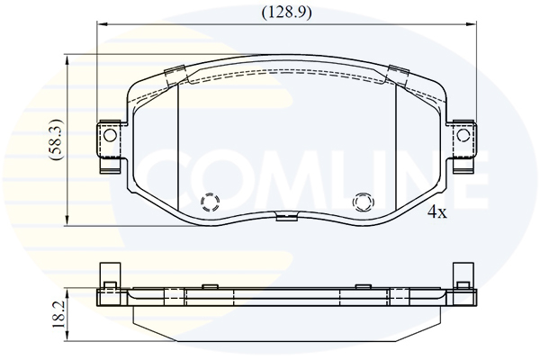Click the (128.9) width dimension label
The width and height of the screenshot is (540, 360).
(x=286, y=13)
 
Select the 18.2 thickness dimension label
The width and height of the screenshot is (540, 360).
(x=58, y=316)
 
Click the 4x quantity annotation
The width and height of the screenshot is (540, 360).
(x=437, y=212)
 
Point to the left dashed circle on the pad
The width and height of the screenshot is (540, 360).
(x=210, y=202)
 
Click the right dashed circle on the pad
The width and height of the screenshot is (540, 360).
(x=363, y=202)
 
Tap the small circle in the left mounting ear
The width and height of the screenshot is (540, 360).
(x=110, y=136)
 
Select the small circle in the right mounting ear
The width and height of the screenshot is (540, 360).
(x=463, y=136)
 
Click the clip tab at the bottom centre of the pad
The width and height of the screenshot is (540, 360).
(x=286, y=217)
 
